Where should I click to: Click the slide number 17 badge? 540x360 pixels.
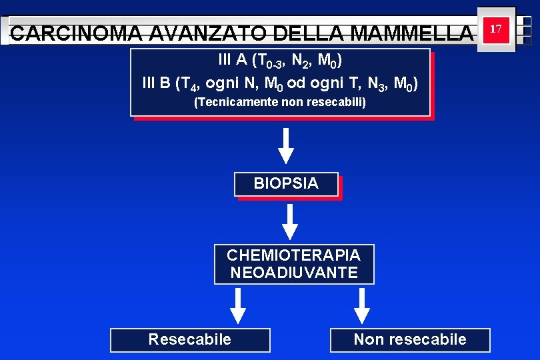tap(495, 30)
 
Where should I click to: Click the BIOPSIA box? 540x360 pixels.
tap(286, 184)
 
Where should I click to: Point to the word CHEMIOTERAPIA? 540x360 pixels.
tap(293, 255)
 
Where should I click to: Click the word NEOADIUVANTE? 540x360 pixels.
tap(293, 273)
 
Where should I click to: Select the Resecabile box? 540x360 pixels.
tap(190, 339)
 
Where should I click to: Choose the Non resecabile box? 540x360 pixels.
tap(410, 339)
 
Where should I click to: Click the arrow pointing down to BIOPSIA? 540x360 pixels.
tap(286, 146)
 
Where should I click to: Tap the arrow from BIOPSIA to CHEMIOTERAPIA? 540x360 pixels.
tap(290, 221)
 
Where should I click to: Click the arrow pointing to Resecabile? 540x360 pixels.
tap(238, 306)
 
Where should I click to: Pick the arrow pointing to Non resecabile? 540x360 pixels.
tap(362, 306)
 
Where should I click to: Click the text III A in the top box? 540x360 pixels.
tap(231, 61)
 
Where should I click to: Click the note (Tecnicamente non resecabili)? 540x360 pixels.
tap(280, 103)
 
